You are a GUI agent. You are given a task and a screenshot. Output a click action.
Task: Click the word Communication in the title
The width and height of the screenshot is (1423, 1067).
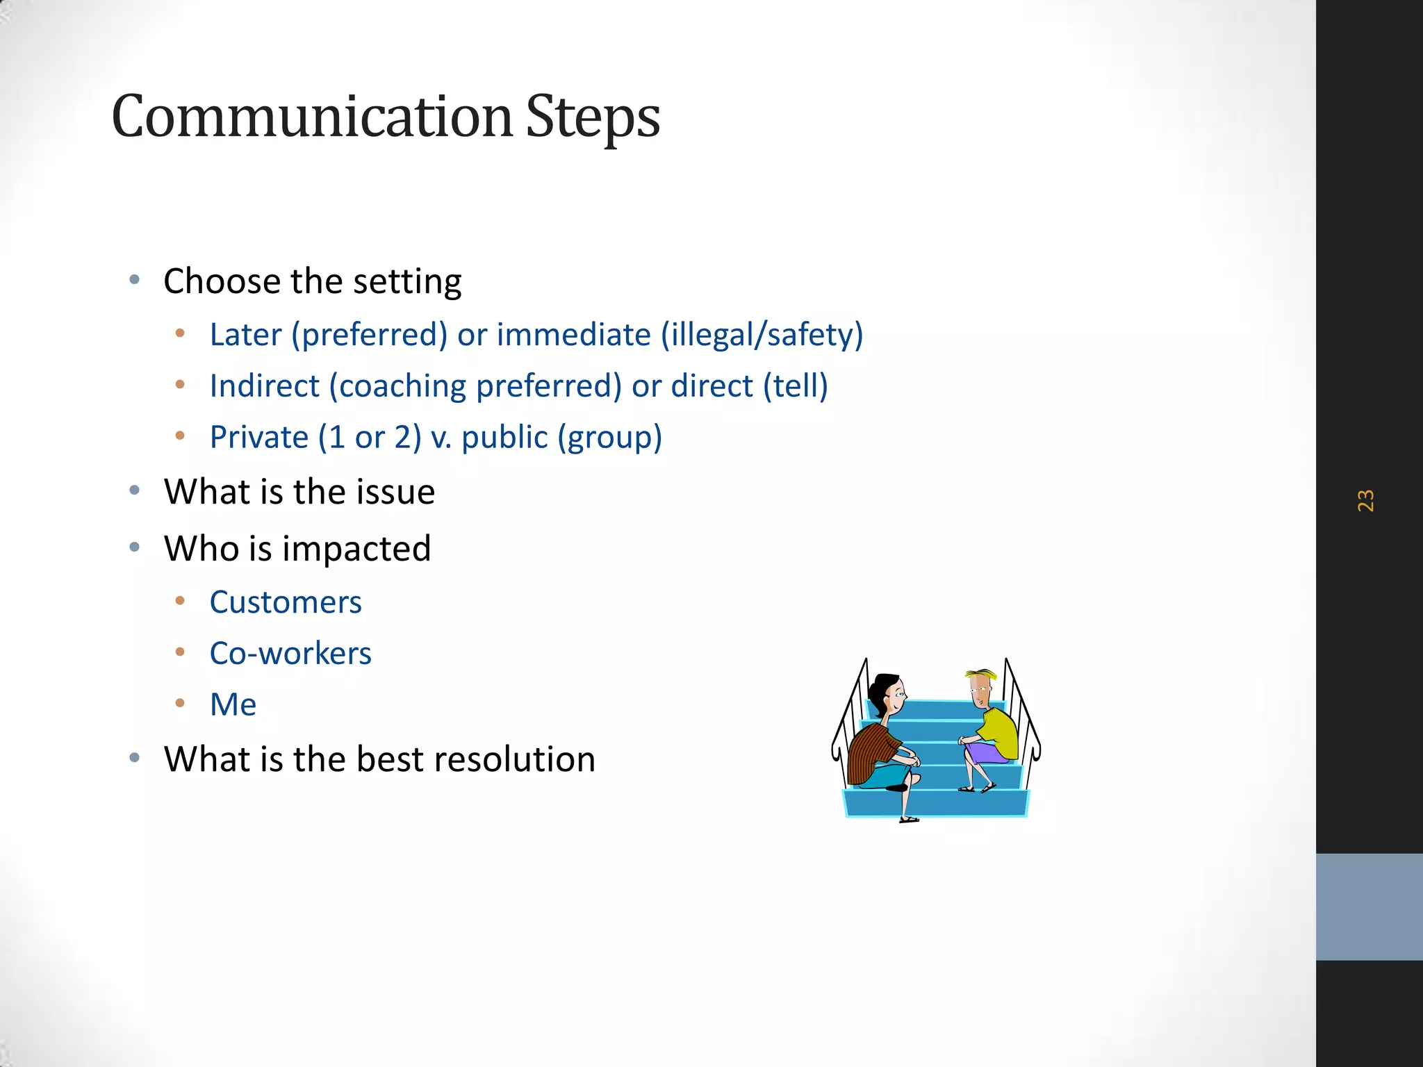311,117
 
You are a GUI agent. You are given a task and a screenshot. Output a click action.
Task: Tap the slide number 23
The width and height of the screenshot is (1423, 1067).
1365,500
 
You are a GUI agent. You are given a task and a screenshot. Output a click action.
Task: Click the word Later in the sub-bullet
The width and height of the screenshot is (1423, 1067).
245,335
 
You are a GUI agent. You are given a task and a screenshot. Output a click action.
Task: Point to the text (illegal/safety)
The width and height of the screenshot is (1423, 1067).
762,335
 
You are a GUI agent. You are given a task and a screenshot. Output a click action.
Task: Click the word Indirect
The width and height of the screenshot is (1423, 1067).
265,386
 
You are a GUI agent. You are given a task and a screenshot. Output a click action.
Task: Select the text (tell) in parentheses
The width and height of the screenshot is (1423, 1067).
796,386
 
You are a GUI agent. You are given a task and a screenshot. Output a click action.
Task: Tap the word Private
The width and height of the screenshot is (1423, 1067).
258,438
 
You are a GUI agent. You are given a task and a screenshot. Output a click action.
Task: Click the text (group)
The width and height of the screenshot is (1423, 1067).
610,438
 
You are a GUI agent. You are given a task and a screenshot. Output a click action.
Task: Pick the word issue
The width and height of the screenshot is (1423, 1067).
395,492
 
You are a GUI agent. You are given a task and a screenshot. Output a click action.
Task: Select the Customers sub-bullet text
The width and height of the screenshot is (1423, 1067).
286,602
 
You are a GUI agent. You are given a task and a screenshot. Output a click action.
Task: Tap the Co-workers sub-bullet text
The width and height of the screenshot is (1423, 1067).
290,654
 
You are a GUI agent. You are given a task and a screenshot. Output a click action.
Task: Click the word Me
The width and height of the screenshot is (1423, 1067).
233,705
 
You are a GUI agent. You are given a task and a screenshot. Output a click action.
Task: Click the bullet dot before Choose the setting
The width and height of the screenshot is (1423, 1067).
135,281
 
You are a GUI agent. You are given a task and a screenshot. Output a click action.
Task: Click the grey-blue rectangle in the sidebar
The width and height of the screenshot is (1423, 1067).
1369,907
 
